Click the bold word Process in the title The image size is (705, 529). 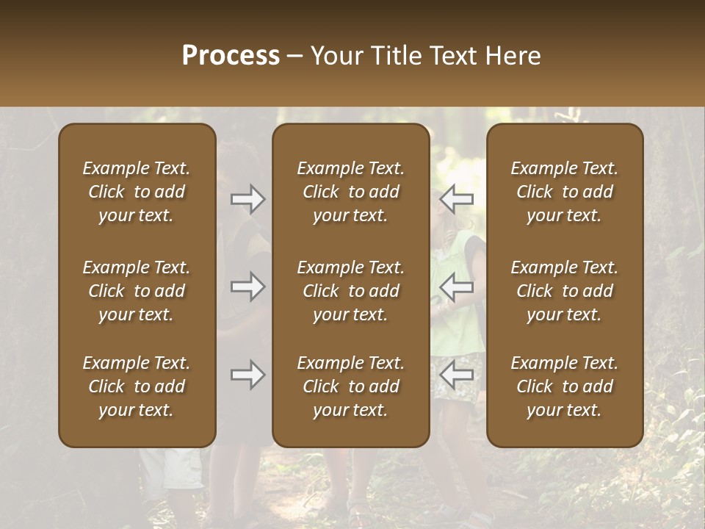(x=231, y=56)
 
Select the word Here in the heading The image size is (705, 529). (x=513, y=56)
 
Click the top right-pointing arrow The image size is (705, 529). (x=247, y=199)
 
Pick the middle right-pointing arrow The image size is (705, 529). (x=247, y=286)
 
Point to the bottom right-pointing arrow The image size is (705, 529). (x=247, y=375)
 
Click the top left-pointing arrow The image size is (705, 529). (x=457, y=198)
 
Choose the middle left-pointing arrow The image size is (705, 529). (x=457, y=286)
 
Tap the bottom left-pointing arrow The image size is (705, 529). (x=457, y=375)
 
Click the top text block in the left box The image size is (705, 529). (x=137, y=192)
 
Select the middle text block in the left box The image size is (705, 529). (x=137, y=291)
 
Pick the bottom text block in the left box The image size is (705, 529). (x=137, y=386)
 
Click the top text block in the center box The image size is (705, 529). (x=351, y=192)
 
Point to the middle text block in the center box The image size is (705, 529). (x=351, y=291)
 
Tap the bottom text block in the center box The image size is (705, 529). (x=351, y=386)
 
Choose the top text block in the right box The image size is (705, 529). (x=565, y=192)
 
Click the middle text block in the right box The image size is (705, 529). (x=565, y=291)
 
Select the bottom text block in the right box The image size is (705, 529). (x=565, y=386)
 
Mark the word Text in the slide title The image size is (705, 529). (x=451, y=56)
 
